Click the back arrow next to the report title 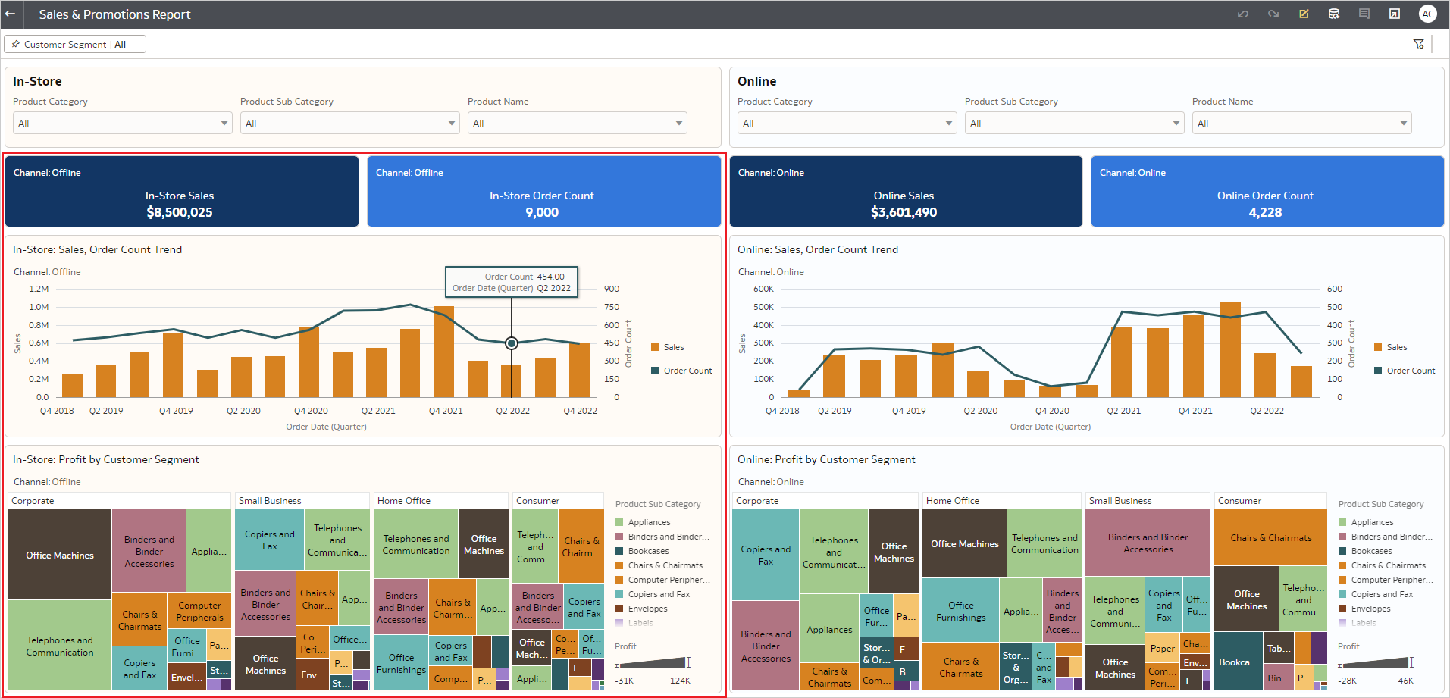tap(10, 14)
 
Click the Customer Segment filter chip tap(74, 45)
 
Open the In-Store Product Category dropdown tap(122, 123)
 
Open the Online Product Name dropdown tap(1301, 123)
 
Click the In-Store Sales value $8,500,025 tap(180, 212)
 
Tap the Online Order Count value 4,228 tap(1265, 212)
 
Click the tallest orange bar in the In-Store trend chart tap(444, 352)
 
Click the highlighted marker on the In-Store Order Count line tap(512, 343)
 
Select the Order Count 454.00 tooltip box tap(512, 282)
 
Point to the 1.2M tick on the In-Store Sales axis tap(39, 289)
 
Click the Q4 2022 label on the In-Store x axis tap(580, 411)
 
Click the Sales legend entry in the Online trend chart tap(1396, 347)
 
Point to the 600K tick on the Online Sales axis tap(763, 289)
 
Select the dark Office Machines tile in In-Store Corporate tap(60, 555)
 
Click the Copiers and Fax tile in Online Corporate tap(766, 555)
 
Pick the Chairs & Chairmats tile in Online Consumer tap(1270, 537)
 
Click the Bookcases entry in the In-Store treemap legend tap(648, 551)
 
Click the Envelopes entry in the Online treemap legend tap(1370, 609)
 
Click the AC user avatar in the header tap(1428, 14)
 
